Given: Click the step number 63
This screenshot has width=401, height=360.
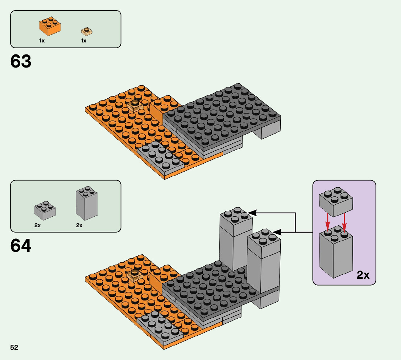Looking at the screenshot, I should coord(21,62).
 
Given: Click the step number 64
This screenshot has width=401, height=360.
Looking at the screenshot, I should coord(21,246).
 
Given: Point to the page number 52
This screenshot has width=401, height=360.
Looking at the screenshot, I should coord(14,348).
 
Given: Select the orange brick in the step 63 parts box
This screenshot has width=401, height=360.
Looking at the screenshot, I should coord(50,26).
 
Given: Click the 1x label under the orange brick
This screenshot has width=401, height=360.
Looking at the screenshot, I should coord(42,41).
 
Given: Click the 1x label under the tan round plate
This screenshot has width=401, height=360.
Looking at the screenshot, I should coord(84,41).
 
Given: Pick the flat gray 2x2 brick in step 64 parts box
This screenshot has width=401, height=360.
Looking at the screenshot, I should coord(45,210).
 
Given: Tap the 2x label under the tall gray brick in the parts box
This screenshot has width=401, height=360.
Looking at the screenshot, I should coord(79,225).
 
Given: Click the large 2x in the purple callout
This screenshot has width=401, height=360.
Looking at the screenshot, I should coord(363,275).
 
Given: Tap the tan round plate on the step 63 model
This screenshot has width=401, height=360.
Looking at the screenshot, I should coord(134,105).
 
